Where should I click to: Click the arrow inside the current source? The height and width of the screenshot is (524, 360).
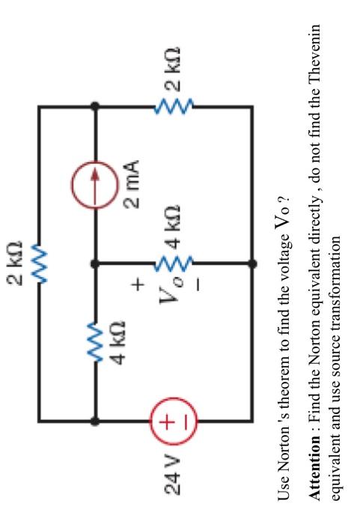pyautogui.click(x=94, y=182)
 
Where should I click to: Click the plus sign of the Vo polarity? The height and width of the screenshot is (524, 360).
pyautogui.click(x=137, y=284)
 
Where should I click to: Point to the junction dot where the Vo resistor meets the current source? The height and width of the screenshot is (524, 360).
pyautogui.click(x=94, y=263)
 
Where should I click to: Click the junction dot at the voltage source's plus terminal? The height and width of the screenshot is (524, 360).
pyautogui.click(x=94, y=421)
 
